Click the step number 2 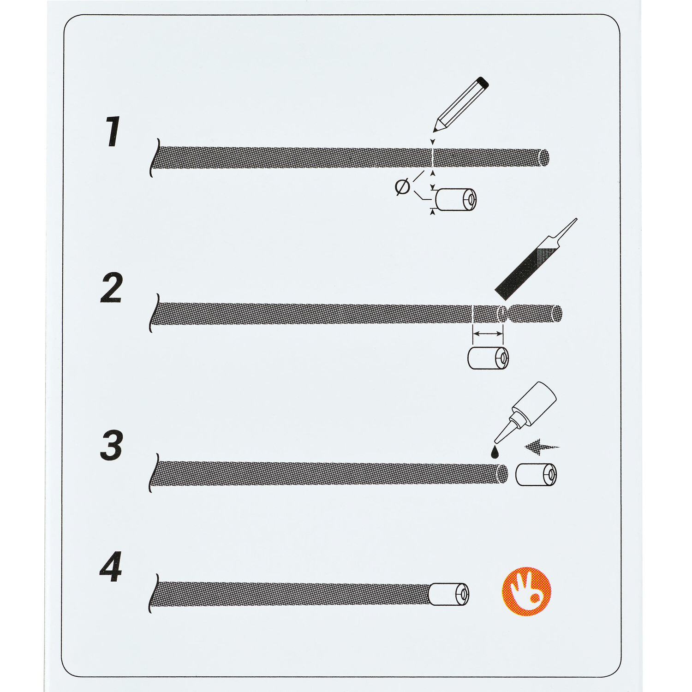112,288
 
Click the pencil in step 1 460,104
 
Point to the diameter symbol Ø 403,187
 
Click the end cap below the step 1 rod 456,199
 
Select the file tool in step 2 535,260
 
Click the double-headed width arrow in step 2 488,333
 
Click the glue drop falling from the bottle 495,452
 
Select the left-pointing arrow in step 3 542,447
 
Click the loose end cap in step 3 536,475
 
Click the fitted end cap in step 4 449,594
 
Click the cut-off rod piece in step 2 535,314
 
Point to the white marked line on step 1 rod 432,158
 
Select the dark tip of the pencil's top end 483,83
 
